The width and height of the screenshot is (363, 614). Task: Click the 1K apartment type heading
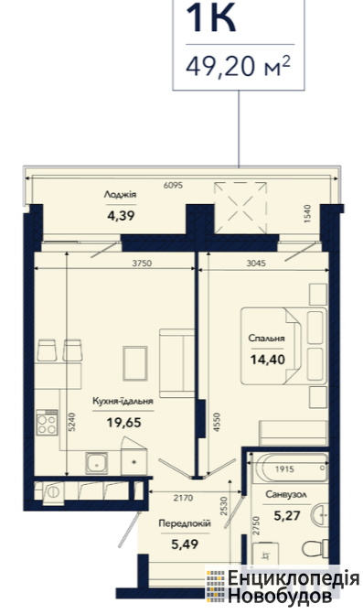tap(211, 17)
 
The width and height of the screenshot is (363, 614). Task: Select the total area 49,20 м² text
tap(239, 66)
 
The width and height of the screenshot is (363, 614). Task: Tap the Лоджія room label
tap(120, 194)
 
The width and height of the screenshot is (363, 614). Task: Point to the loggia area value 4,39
tap(121, 215)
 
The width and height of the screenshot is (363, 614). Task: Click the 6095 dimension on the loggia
tap(173, 185)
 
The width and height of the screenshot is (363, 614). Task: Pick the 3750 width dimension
tap(142, 264)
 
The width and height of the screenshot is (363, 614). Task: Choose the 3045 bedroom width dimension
tap(256, 264)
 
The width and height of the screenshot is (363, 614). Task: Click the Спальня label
tap(266, 338)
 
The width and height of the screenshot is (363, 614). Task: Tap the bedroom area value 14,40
tap(268, 359)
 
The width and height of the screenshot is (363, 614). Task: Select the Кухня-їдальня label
tap(123, 401)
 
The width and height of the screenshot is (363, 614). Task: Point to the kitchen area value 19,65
tap(123, 422)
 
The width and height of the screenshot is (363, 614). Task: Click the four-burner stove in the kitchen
tap(47, 422)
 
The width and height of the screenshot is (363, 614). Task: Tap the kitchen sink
tap(97, 463)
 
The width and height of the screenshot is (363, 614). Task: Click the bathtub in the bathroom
tap(289, 468)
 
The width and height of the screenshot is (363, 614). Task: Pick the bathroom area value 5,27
tap(287, 515)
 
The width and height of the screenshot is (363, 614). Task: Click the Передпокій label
tap(185, 523)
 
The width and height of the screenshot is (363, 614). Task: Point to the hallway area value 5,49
tap(185, 544)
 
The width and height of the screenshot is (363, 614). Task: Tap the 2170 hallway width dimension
tap(183, 498)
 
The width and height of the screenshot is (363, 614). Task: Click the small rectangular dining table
tap(135, 363)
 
